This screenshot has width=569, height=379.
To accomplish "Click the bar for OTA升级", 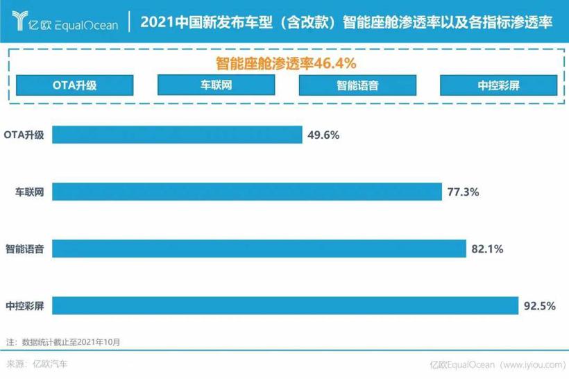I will point(178,135).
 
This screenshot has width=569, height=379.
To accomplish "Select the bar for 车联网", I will point(247,192).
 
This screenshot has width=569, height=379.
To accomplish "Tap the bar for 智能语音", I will point(259,248).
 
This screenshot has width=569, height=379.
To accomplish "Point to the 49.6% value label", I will point(323,135).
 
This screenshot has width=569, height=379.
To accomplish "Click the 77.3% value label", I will point(463,192).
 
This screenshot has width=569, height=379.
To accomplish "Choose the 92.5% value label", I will point(540,305).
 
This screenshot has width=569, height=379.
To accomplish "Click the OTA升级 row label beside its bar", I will point(24,135).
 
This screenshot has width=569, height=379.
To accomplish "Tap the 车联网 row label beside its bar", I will point(30,192).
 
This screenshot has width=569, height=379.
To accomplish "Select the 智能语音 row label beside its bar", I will point(25,249).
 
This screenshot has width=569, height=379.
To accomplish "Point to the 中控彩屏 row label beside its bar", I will point(25,305).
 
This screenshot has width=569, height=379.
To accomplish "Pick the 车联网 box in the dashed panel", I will point(214,85).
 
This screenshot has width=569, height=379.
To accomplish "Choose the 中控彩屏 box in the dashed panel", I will point(498,85).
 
